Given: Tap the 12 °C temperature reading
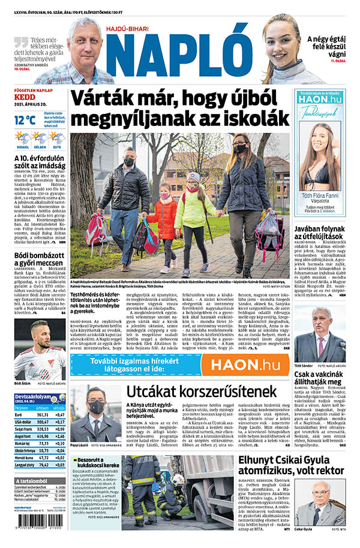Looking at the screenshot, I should coord(25,120).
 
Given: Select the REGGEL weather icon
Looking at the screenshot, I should coord(22,138).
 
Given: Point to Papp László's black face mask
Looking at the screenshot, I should coord(97,407).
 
